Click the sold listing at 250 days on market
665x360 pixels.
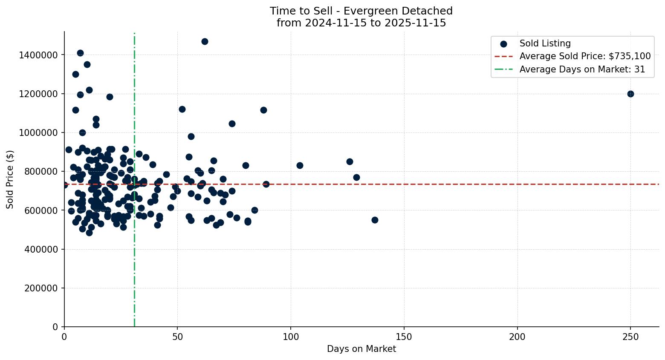pos(630,94)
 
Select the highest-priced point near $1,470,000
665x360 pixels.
pos(205,41)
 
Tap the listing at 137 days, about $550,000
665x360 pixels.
pos(375,220)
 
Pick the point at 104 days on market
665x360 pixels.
pos(300,165)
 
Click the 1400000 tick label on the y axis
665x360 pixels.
pos(38,55)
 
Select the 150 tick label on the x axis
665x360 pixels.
pos(404,337)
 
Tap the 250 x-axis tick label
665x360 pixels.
pos(630,337)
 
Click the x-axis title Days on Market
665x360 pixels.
pos(361,349)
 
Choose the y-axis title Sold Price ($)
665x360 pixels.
pos(10,179)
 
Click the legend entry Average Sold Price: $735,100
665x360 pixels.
pos(585,56)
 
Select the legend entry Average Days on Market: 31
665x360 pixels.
pos(582,69)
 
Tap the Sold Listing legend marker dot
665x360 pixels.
pos(503,43)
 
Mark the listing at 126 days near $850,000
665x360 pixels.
pos(350,161)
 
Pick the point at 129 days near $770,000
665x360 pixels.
pos(356,177)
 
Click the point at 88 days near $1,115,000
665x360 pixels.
pos(263,110)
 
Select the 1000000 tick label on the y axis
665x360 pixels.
pos(38,132)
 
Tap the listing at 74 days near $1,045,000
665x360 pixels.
pos(232,124)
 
